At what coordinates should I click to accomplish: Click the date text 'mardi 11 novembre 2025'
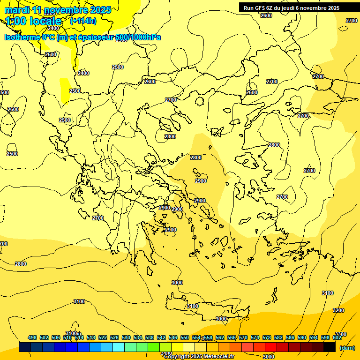coord(58,10)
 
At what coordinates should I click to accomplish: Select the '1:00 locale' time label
coord(33,21)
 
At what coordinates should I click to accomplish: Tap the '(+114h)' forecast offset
coord(83,21)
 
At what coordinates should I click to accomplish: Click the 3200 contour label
coord(338,310)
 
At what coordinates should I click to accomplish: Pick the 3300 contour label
coord(341,334)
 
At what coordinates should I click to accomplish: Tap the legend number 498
coord(32,337)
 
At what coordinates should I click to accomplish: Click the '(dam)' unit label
coord(347,347)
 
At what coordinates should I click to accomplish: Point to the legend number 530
coord(126,337)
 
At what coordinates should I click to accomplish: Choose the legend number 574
coord(255,337)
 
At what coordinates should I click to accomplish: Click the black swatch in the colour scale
coord(330,347)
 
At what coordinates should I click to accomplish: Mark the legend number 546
coord(173,337)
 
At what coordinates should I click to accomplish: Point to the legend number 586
coord(290,337)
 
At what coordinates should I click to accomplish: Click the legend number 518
coord(91,337)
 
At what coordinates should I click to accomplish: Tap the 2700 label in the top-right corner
coord(351,21)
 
